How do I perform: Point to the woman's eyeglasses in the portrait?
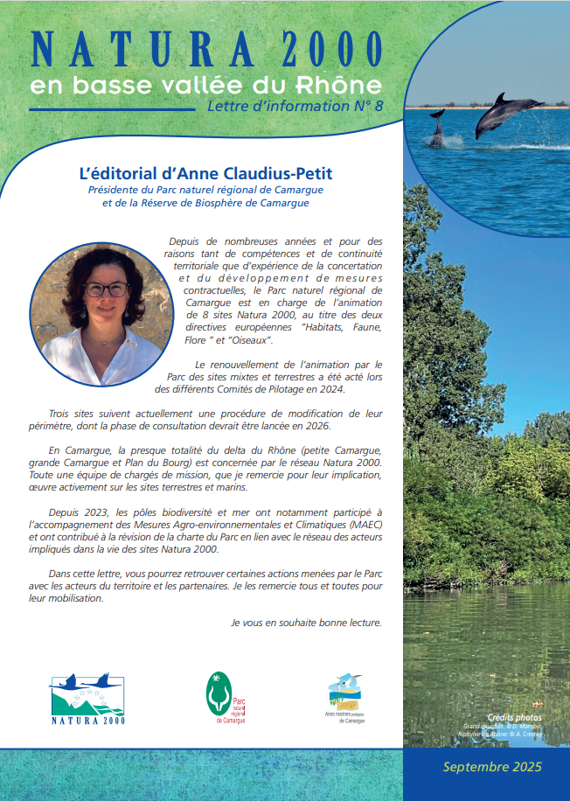105,289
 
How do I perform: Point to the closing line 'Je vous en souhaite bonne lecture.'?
306,623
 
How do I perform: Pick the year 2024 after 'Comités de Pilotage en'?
330,389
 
